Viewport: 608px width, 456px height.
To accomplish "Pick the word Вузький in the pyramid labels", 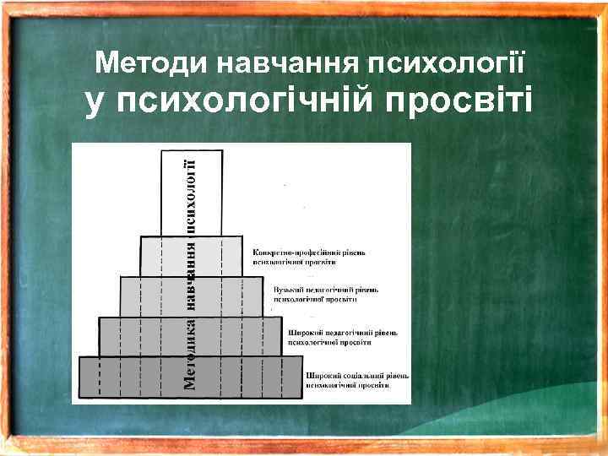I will click(289, 290).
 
